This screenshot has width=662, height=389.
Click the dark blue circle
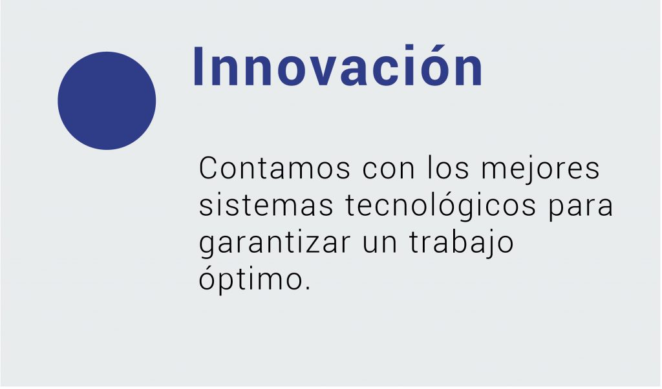click(x=107, y=101)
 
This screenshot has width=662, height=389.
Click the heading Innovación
click(x=338, y=66)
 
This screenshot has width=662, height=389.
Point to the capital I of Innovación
click(x=198, y=67)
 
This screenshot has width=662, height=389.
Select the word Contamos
click(x=274, y=168)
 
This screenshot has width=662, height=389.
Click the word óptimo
click(x=251, y=279)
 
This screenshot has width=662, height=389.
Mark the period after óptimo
click(x=307, y=288)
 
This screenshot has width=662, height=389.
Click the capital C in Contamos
click(x=208, y=168)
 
